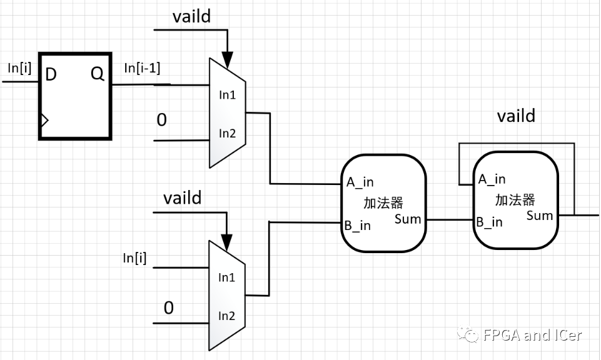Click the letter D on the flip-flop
pyautogui.click(x=51, y=74)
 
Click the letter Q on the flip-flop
pyautogui.click(x=98, y=73)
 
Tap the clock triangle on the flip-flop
pyautogui.click(x=44, y=120)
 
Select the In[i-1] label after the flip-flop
pyautogui.click(x=142, y=68)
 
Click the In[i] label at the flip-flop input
pyautogui.click(x=19, y=68)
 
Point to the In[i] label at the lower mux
pyautogui.click(x=134, y=258)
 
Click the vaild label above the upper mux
pyautogui.click(x=191, y=16)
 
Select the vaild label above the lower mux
pyautogui.click(x=183, y=198)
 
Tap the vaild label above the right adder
pyautogui.click(x=517, y=116)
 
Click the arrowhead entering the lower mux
pyautogui.click(x=226, y=242)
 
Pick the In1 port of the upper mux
pyautogui.click(x=227, y=94)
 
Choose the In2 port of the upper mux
pyautogui.click(x=227, y=133)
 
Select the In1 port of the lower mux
pyautogui.click(x=226, y=277)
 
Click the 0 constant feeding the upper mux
pyautogui.click(x=162, y=120)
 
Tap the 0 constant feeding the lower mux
pyautogui.click(x=169, y=307)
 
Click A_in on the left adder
pyautogui.click(x=360, y=182)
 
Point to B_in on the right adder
pyautogui.click(x=489, y=222)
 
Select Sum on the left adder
pyautogui.click(x=408, y=219)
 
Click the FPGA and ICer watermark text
pyautogui.click(x=533, y=335)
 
